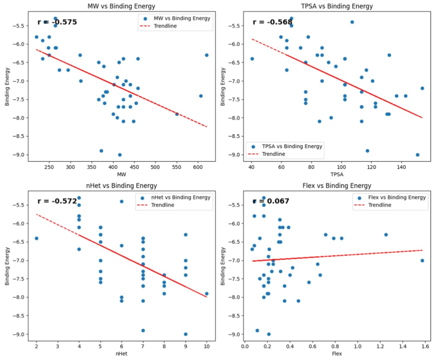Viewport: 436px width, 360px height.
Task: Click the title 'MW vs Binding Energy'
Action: pos(121,6)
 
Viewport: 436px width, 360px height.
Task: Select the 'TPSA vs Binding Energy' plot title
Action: pos(337,6)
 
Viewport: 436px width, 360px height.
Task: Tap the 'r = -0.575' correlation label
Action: pos(57,22)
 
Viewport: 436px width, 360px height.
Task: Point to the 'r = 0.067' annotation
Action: pos(271,201)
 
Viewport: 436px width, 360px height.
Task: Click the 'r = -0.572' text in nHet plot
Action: pos(57,201)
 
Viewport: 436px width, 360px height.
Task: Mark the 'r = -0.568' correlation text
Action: pos(272,22)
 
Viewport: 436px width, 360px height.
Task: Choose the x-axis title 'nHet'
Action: pos(121,354)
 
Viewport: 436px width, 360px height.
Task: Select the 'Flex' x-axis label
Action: pos(337,354)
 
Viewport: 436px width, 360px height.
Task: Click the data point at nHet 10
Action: pos(207,294)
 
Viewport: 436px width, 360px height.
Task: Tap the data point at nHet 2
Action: pos(36,238)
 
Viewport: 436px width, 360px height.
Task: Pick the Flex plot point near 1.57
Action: pos(422,261)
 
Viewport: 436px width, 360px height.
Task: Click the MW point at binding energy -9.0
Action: pos(119,155)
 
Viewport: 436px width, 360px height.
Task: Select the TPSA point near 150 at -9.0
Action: pos(417,155)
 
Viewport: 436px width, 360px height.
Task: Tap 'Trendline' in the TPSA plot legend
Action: pos(273,154)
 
